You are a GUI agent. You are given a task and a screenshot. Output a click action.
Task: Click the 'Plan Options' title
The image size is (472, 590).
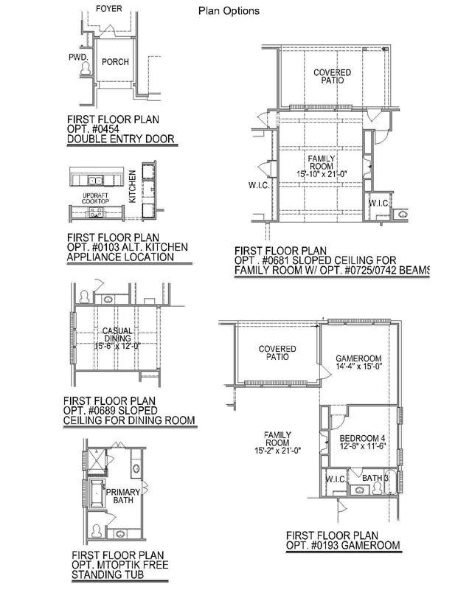click(x=229, y=11)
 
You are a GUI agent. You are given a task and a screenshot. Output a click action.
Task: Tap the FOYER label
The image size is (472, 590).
click(x=108, y=9)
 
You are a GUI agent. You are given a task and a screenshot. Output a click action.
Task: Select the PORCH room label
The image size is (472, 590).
click(x=115, y=62)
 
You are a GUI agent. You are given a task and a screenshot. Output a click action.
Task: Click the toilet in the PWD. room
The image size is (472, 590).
click(x=86, y=68)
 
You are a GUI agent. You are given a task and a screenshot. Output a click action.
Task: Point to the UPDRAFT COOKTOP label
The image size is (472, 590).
click(x=96, y=198)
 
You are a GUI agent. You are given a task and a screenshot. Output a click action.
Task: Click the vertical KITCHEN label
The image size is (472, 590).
click(x=132, y=187)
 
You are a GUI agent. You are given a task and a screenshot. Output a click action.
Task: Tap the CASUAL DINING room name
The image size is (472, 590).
click(x=117, y=335)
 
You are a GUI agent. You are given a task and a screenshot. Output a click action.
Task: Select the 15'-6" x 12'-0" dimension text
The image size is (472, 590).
click(x=117, y=346)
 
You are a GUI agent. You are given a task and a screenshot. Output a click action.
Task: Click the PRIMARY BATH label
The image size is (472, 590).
click(x=123, y=496)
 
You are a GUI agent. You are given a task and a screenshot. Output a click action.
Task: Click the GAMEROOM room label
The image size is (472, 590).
click(x=358, y=358)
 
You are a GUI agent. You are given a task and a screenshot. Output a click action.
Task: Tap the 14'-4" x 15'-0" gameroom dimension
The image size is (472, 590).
click(x=359, y=367)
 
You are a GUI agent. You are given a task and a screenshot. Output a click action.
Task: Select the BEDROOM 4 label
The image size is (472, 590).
click(x=362, y=438)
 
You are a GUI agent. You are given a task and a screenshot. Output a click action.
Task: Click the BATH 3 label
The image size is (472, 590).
click(x=375, y=478)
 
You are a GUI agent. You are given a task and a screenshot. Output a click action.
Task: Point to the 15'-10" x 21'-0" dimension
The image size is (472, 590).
click(x=322, y=174)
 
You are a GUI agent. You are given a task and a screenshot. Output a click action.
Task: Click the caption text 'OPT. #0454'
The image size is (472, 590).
click(x=94, y=129)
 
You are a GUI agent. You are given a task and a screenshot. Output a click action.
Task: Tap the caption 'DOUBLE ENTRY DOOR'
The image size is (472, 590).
click(x=121, y=139)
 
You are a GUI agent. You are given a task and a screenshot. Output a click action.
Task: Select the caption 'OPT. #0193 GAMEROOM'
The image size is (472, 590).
click(x=343, y=545)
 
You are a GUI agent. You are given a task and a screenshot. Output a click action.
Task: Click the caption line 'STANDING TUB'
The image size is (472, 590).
click(x=108, y=575)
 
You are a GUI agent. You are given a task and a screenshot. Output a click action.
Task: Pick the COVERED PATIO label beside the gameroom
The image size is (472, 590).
click(x=277, y=353)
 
